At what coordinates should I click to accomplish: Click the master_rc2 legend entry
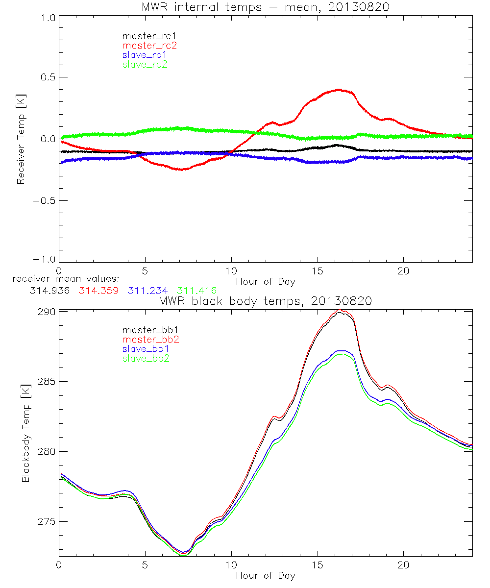click(149, 46)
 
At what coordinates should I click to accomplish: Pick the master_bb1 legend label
click(149, 330)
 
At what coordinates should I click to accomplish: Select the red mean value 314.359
click(98, 291)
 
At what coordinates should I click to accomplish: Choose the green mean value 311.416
click(196, 291)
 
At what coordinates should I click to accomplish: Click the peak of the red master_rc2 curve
click(339, 90)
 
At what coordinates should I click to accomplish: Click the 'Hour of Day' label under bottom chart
click(265, 575)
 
